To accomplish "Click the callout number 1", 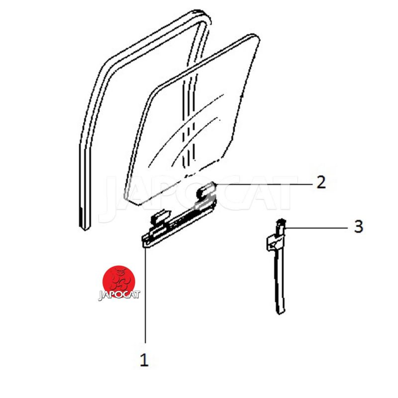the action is pos(144,359).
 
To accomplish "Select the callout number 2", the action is pos(321,182).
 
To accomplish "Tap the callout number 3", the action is pos(358,226).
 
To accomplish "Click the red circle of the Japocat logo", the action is pos(118,281).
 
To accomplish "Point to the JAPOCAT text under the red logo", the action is pos(119,295).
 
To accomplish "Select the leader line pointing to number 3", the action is pos(316,228).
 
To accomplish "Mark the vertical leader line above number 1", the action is pos(145,296).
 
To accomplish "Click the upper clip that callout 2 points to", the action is pos(206,192).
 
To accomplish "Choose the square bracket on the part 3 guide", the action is pos(275,243).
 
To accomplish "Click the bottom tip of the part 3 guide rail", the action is pos(280,313).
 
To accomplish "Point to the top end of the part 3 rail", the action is pos(281,220).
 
